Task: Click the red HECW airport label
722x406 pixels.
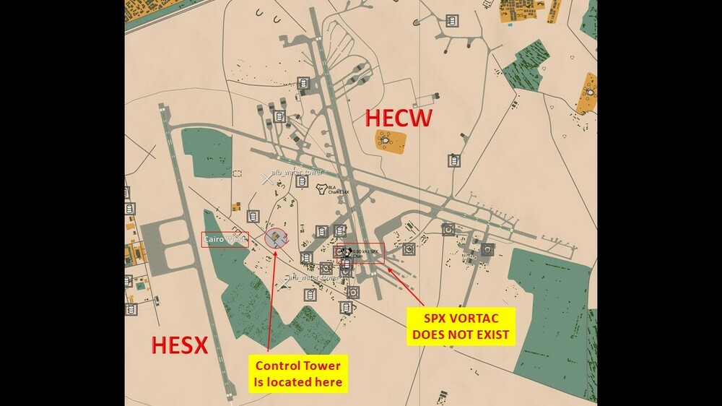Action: (x=399, y=117)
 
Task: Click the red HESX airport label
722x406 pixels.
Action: (x=180, y=345)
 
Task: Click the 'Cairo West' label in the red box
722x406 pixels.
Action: (x=225, y=239)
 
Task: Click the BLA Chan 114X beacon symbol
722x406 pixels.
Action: (x=322, y=189)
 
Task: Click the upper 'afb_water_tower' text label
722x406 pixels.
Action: (x=297, y=172)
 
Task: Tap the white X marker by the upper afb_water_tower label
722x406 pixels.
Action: (x=267, y=178)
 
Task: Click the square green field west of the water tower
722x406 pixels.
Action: (x=206, y=152)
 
